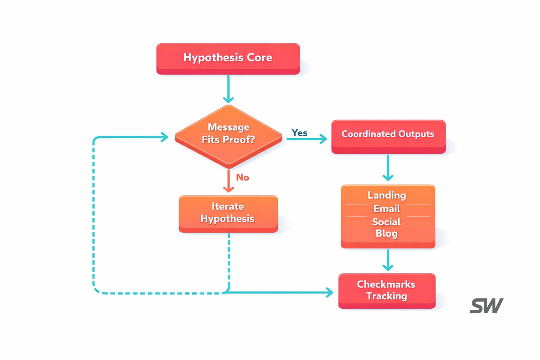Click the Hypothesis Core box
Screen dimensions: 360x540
228,58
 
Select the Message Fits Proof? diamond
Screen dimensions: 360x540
229,135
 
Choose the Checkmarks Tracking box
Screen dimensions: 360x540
386,290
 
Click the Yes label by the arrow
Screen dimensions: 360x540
300,133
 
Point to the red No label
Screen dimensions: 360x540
243,178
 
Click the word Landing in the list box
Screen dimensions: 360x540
387,195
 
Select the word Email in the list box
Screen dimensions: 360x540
387,209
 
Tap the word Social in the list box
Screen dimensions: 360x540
386,222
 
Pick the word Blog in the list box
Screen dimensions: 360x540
386,233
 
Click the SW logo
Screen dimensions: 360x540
486,306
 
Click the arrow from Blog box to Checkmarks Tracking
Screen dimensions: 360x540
388,260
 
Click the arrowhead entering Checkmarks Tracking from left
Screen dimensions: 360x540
329,292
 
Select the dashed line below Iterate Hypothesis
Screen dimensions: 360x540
229,260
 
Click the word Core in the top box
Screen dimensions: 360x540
259,57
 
